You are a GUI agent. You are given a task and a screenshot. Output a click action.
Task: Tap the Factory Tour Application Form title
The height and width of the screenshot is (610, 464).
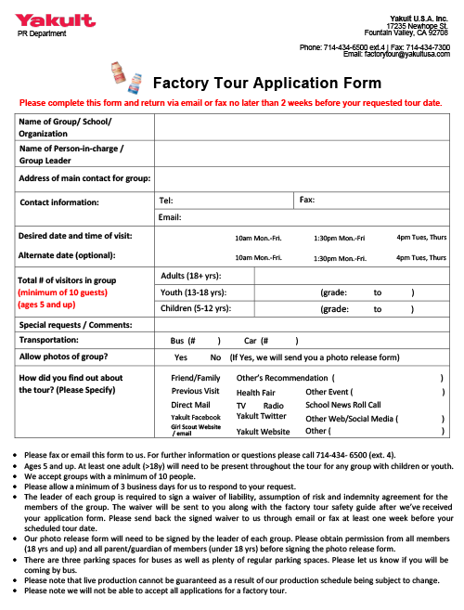click(x=266, y=83)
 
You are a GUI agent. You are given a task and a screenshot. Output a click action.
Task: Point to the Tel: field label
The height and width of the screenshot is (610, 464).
click(x=167, y=200)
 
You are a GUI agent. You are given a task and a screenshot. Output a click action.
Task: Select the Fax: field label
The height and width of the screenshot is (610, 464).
click(x=307, y=200)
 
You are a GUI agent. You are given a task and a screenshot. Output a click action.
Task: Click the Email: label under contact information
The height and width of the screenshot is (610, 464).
click(x=170, y=217)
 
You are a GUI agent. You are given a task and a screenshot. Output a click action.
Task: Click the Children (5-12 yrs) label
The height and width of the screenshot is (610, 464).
click(x=196, y=308)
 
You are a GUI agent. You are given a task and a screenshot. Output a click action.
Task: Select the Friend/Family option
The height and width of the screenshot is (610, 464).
click(x=196, y=378)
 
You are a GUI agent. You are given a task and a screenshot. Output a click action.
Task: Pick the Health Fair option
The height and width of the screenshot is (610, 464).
click(x=255, y=393)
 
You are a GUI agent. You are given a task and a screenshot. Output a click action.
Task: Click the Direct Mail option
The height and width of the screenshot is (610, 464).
click(x=190, y=406)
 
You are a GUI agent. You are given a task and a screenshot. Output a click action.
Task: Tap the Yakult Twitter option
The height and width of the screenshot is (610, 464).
click(x=262, y=417)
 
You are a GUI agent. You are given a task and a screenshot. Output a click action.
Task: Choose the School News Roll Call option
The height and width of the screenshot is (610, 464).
click(x=343, y=405)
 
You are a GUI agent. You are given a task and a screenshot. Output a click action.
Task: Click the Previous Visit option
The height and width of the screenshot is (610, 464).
click(x=195, y=392)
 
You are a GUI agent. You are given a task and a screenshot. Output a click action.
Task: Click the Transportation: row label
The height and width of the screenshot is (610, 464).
click(x=49, y=341)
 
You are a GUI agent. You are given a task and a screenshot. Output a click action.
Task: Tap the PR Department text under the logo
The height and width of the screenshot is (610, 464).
click(x=43, y=33)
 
